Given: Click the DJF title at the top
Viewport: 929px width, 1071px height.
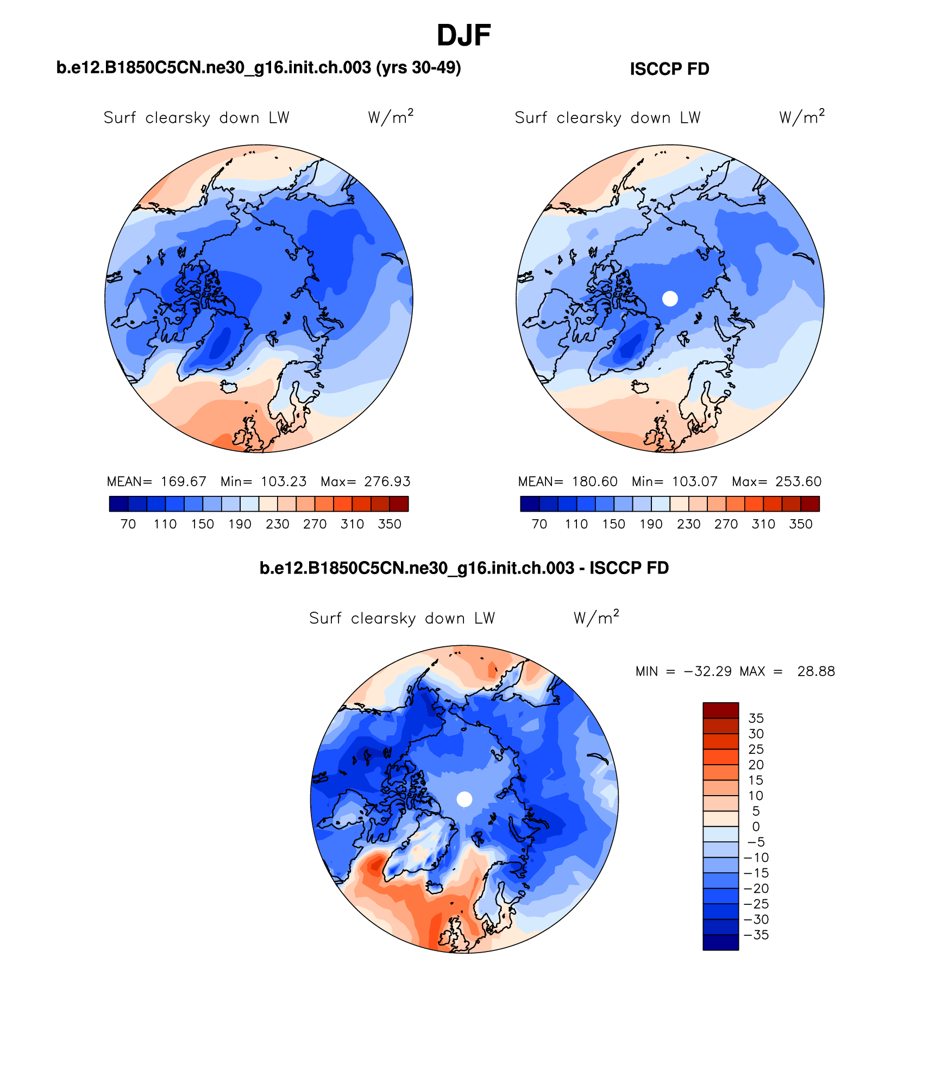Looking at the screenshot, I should pos(463,36).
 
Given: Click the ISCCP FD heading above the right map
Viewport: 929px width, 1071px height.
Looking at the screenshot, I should pos(669,69).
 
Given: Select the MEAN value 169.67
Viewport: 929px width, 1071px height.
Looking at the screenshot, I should pos(183,482).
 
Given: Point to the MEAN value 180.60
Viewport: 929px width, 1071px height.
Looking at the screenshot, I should pos(594,482).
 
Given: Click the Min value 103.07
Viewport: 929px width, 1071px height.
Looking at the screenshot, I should pos(694,482).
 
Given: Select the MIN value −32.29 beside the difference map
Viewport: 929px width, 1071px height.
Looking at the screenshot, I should pos(708,671).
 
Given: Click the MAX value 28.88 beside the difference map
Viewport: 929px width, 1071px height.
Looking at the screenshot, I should pos(815,671).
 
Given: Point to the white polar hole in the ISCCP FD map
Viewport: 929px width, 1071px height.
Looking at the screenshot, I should pos(670,298).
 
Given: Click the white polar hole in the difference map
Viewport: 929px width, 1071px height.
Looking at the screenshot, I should pos(464,799).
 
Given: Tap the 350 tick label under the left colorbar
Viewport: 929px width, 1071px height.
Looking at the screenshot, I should pos(390,524).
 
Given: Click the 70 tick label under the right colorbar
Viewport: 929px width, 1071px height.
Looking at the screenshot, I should pos(539,524).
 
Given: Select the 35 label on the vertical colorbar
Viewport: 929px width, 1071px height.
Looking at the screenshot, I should pos(756,718).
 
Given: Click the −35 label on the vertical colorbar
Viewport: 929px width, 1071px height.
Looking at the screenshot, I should pos(756,935).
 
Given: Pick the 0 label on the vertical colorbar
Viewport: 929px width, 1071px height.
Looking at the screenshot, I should pos(756,827).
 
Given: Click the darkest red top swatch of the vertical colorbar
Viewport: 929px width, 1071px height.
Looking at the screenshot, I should pos(720,710).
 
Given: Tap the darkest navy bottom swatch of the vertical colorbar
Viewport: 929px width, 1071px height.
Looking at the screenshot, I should pos(720,942).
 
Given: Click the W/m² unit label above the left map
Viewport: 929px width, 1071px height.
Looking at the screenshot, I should pos(390,117).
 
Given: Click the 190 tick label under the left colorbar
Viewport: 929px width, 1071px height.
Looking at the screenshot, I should pos(240,524).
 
